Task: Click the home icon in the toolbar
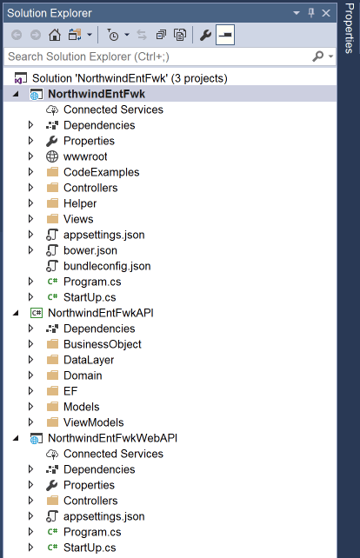coord(55,35)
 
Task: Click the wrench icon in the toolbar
coord(205,35)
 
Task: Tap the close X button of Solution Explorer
coord(326,13)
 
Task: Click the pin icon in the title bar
coord(311,13)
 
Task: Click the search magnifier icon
coord(317,56)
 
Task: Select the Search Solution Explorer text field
coord(157,56)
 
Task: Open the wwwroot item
coord(85,156)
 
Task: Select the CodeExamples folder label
coord(102,172)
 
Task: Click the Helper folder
coord(80,203)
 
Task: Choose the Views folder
coord(78,219)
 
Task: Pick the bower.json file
coord(90,250)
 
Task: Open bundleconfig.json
coord(107,266)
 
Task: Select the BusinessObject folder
coord(103,344)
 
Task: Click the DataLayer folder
coord(89,360)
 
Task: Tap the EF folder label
coord(70,391)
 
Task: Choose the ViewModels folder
coord(94,422)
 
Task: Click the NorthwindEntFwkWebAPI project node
coord(112,438)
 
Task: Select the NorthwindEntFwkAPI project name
coord(101,313)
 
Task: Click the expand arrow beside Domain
coord(30,375)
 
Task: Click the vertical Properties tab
coord(349,29)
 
